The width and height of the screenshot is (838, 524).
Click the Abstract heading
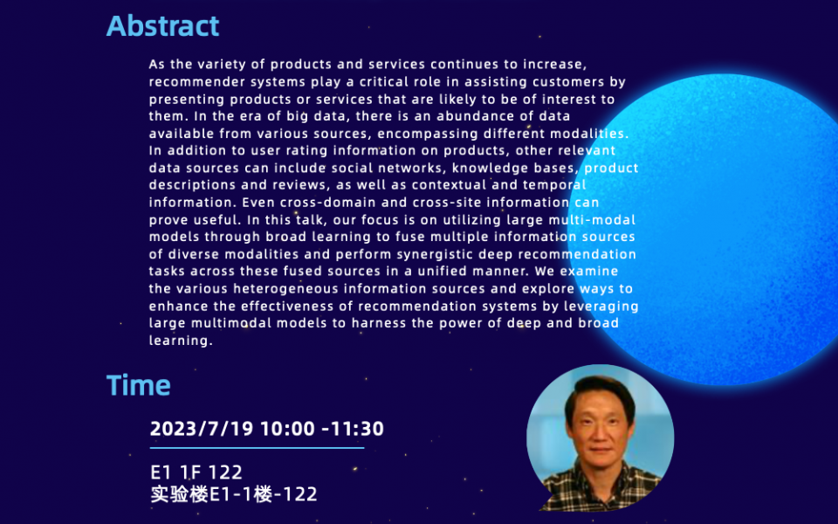(x=162, y=26)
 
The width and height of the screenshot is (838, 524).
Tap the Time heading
(x=138, y=385)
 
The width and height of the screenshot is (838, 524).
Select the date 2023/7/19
(x=202, y=429)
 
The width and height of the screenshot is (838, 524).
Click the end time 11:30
(x=356, y=429)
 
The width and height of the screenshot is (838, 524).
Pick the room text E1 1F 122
(x=196, y=472)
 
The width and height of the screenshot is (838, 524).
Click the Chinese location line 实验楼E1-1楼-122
(x=233, y=494)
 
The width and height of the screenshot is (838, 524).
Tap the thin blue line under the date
(x=257, y=448)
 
